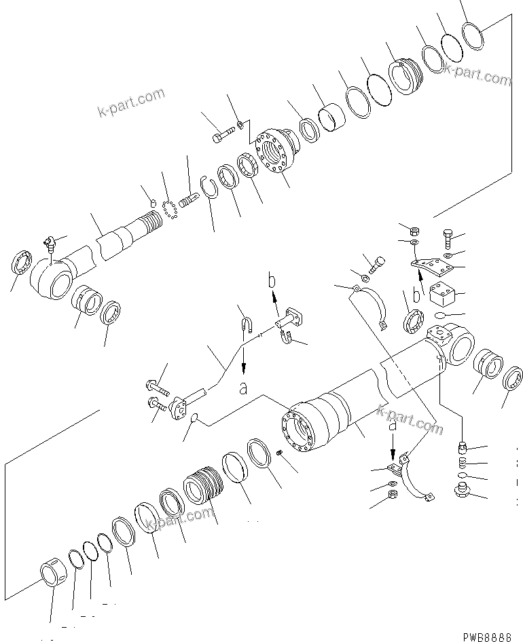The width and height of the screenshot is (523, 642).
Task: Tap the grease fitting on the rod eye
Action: [50, 242]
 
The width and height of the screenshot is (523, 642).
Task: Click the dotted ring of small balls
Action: [170, 204]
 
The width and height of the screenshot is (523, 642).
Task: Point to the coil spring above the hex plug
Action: [461, 463]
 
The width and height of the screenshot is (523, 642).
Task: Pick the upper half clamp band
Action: [372, 303]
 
